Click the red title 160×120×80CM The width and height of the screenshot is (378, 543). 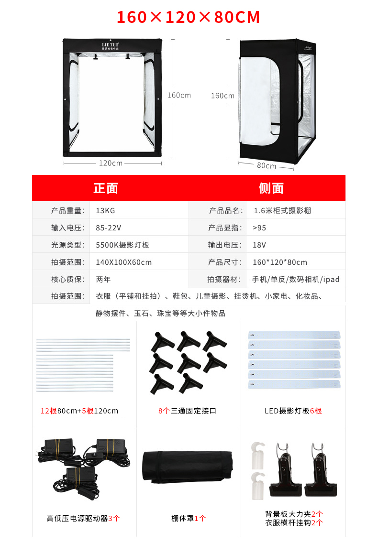189,18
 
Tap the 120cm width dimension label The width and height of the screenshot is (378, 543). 111,163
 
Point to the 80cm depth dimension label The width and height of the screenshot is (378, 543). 267,166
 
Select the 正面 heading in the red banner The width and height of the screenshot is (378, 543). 106,188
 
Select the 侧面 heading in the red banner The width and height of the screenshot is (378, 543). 271,188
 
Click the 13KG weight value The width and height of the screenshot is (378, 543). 105,210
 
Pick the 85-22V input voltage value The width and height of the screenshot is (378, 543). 109,228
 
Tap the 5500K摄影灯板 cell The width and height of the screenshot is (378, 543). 122,245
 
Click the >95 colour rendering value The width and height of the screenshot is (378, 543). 260,228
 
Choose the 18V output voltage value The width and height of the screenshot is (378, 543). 259,245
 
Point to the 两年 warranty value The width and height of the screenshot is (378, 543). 103,279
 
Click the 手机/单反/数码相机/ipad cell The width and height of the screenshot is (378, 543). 296,279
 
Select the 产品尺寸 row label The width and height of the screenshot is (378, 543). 225,262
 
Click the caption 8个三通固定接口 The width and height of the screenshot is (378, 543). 187,411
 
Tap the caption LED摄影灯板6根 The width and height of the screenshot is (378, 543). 293,411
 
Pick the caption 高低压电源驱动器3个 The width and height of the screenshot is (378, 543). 83,518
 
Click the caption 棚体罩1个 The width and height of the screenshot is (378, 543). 189,518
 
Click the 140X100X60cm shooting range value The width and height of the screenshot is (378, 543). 123,262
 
